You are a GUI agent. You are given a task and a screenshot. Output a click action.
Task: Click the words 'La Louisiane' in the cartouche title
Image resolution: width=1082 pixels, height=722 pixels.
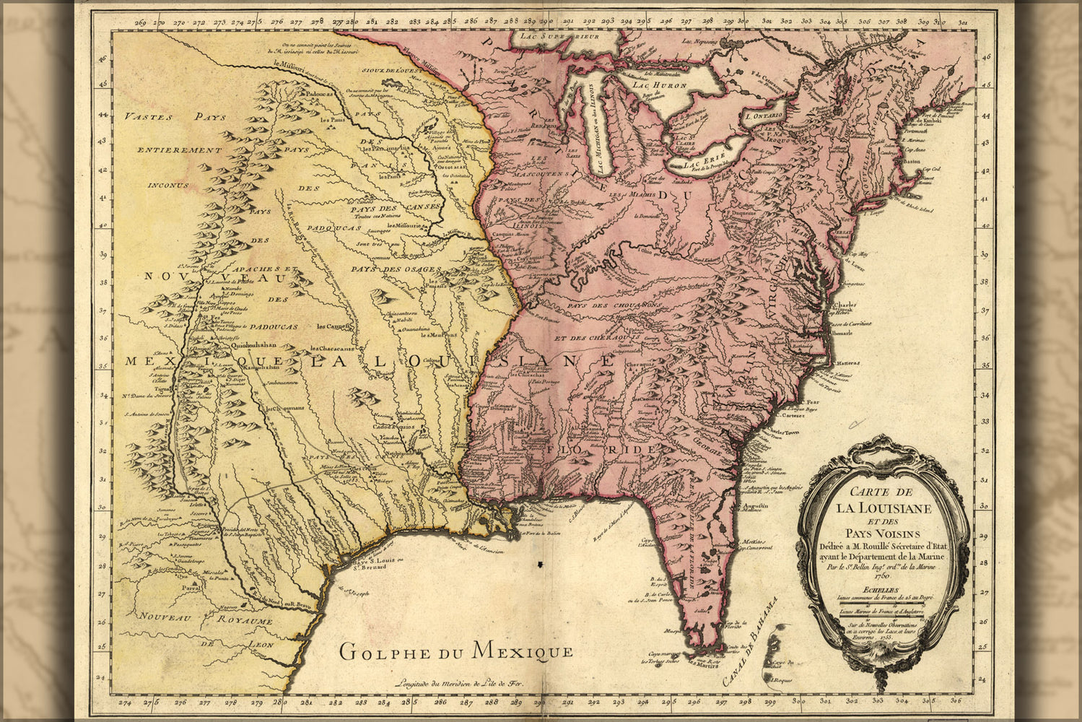(x=884, y=508)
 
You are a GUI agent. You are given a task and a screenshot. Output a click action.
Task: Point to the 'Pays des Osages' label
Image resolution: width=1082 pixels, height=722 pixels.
(x=396, y=269)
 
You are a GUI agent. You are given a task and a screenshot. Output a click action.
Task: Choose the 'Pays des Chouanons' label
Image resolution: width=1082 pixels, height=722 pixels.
(x=603, y=306)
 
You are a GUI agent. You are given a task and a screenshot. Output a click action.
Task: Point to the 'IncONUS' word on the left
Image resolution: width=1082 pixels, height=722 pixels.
(x=167, y=185)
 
